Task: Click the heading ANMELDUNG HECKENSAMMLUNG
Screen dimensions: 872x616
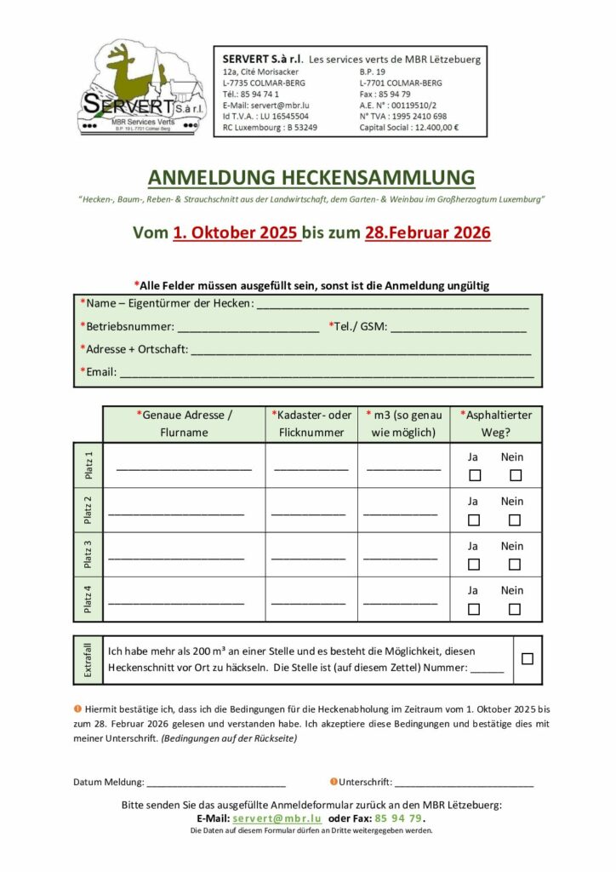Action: [x=311, y=177]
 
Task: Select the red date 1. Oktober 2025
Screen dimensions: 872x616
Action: [x=236, y=232]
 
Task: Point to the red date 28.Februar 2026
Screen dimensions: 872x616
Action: [x=428, y=232]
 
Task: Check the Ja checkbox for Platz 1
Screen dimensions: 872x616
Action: [x=475, y=475]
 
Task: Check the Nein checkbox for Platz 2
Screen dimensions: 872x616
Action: [x=515, y=519]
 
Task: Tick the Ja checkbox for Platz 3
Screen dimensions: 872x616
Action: [x=475, y=564]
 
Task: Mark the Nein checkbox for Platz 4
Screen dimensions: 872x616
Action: [x=515, y=609]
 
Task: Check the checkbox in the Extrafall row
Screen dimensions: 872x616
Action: [x=528, y=658]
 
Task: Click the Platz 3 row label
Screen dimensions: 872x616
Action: [x=88, y=554]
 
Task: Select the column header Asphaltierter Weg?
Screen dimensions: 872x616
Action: [x=496, y=423]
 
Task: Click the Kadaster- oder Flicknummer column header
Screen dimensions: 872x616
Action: [x=311, y=423]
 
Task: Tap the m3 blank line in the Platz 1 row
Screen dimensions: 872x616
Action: [x=403, y=469]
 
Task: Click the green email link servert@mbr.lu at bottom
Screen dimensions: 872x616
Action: [x=277, y=818]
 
